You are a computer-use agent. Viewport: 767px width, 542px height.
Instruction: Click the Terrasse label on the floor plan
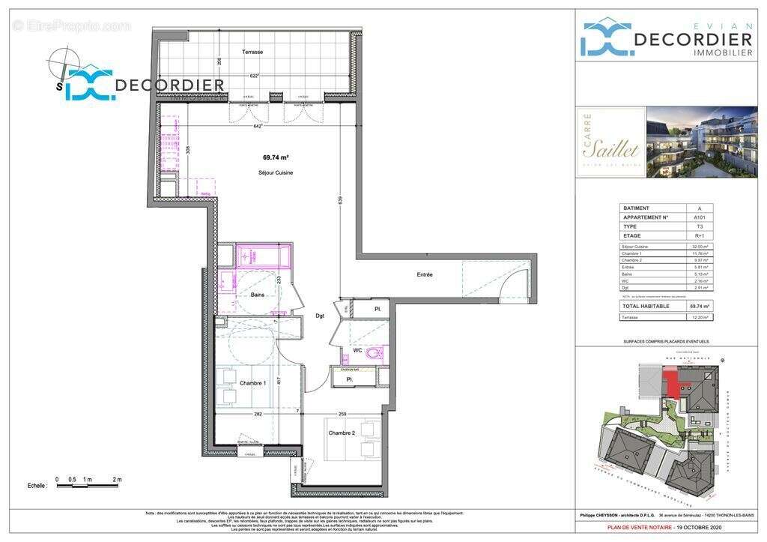click(x=252, y=52)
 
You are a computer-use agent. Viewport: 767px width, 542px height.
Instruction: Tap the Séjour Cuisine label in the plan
click(x=276, y=172)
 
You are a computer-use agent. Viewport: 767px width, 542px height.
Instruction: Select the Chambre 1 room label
click(x=253, y=383)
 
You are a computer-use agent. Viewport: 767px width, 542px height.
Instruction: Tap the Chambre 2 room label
click(x=341, y=433)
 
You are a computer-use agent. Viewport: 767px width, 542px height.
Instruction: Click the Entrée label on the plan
click(x=425, y=274)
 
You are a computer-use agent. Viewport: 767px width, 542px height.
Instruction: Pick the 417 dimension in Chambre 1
click(x=278, y=380)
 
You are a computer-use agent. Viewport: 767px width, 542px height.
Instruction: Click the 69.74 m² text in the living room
click(x=276, y=157)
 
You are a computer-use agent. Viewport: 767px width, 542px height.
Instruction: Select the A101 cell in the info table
click(x=700, y=217)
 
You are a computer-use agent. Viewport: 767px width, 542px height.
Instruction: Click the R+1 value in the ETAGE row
click(x=700, y=235)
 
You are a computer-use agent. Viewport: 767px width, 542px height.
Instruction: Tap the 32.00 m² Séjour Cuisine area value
click(x=700, y=247)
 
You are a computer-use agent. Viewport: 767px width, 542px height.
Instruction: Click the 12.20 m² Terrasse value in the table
click(x=700, y=317)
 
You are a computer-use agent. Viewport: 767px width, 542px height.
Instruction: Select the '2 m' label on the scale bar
click(x=117, y=479)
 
